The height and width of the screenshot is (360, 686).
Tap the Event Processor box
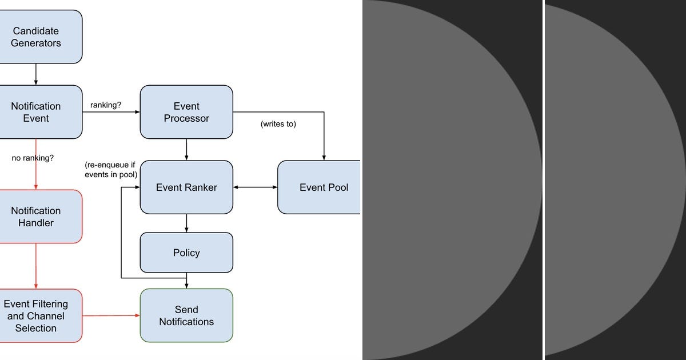[x=186, y=112]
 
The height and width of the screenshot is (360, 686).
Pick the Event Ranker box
[x=186, y=187]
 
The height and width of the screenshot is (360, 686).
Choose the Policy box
[x=186, y=253]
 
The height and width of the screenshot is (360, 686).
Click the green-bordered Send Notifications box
[x=186, y=315]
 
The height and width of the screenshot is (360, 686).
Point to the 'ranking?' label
[x=106, y=105]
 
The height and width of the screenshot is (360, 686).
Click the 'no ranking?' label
[x=33, y=158]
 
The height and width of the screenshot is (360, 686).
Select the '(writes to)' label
[x=278, y=123]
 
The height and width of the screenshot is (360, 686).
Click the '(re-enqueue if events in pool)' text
[x=111, y=170]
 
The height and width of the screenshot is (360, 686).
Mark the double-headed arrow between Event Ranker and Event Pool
[x=255, y=187]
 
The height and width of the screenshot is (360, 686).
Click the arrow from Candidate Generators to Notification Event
[x=36, y=74]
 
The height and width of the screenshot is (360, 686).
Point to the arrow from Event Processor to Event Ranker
[x=186, y=149]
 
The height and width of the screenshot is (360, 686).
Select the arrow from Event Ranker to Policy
[x=186, y=223]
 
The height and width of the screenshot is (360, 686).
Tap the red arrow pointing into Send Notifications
[x=111, y=315]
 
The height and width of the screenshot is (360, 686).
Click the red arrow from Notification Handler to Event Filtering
[x=36, y=266]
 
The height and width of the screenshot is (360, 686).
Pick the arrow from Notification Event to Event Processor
[x=111, y=112]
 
